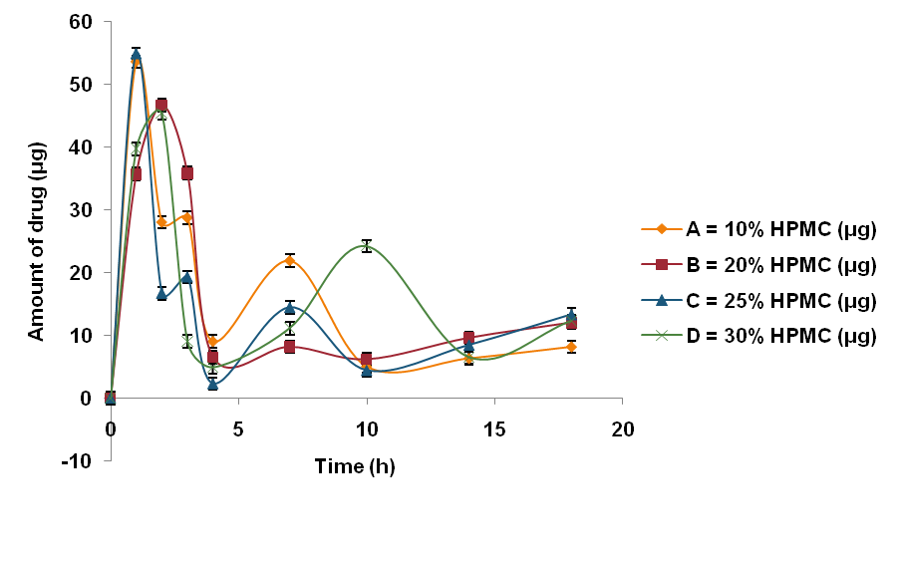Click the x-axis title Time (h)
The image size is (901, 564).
point(355,466)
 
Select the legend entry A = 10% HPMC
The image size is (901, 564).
point(780,230)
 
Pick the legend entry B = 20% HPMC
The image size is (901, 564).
point(780,265)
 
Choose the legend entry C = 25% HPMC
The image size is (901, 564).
point(780,301)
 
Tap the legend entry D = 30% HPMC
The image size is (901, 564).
point(780,336)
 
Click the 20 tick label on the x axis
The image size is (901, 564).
point(622,429)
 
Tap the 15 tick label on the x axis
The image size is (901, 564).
point(494,429)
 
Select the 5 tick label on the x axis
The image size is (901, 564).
point(238,429)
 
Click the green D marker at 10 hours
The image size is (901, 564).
point(367,246)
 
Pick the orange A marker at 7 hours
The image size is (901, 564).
point(289,261)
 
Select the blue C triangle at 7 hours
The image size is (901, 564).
point(289,308)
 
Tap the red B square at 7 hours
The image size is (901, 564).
point(289,347)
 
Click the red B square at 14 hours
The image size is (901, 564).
point(468,338)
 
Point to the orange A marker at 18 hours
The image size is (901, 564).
point(571,347)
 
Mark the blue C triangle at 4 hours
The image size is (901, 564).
point(212,385)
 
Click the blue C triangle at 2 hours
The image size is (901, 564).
point(161,294)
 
